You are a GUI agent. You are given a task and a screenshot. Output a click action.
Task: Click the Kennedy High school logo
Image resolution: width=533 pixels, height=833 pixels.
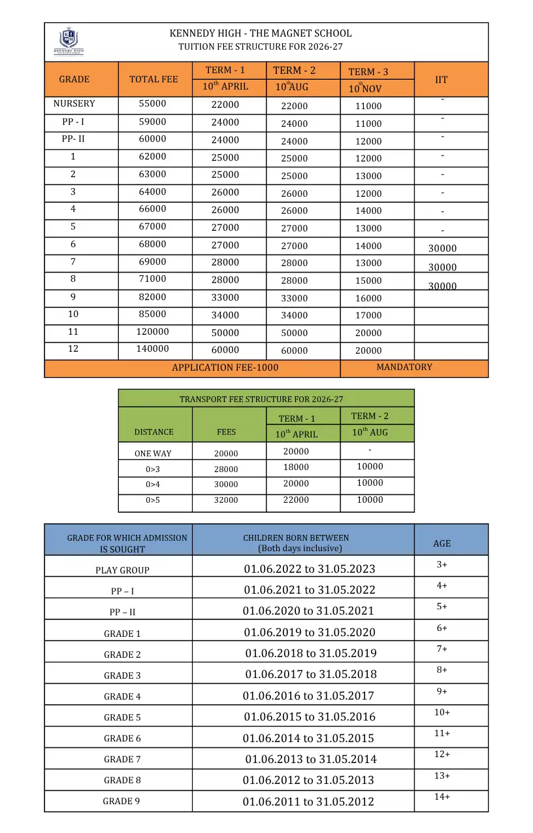click(x=69, y=41)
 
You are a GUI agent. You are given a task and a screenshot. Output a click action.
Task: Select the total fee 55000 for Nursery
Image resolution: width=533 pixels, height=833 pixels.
click(x=153, y=104)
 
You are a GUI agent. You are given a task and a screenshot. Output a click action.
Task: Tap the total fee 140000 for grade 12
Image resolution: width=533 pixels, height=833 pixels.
click(x=153, y=349)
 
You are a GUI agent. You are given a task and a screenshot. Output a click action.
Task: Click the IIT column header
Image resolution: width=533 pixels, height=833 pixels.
click(x=442, y=80)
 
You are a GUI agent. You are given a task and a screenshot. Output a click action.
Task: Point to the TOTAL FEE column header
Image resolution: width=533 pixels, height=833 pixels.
click(x=153, y=80)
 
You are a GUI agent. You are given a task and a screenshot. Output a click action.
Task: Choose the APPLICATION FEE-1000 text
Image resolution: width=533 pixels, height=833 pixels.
click(x=225, y=368)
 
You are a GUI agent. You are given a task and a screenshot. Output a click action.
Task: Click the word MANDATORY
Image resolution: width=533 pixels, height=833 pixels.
click(x=404, y=367)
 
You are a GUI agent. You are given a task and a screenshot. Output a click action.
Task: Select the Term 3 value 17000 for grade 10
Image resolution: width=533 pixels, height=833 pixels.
click(x=368, y=316)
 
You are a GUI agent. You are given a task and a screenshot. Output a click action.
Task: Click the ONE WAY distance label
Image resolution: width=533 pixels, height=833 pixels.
click(x=153, y=454)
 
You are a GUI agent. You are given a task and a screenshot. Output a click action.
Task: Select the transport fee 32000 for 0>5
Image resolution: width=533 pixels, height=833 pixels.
click(x=226, y=500)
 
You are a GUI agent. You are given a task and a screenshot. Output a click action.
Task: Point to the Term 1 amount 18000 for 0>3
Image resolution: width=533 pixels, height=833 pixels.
click(x=296, y=467)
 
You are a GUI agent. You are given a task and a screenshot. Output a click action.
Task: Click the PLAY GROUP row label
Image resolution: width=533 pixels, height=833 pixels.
click(x=122, y=571)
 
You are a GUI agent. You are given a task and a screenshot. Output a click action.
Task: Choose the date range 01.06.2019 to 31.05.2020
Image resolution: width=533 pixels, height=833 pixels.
click(x=310, y=632)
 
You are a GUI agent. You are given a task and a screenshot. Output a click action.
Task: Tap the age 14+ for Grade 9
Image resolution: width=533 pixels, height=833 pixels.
click(x=442, y=797)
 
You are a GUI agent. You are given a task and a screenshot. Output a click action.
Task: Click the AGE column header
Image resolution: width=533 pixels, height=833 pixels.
click(x=442, y=544)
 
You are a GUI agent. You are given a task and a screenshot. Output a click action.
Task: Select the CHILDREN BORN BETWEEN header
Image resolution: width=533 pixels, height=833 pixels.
click(x=296, y=538)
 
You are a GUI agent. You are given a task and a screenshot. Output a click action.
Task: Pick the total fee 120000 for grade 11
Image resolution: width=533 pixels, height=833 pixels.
click(x=153, y=332)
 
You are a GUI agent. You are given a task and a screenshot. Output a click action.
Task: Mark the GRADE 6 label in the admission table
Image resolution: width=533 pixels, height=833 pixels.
click(x=122, y=739)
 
